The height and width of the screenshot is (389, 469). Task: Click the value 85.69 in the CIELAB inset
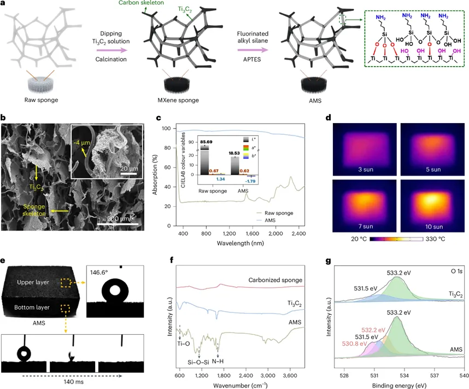[204, 142]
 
